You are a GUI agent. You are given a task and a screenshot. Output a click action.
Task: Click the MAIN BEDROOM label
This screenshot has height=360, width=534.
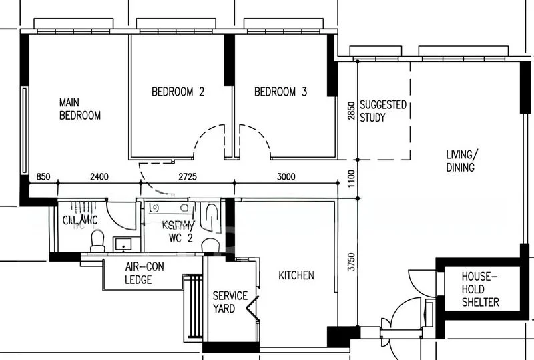pyautogui.click(x=80, y=109)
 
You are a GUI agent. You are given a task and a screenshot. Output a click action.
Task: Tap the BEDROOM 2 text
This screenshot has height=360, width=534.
pyautogui.click(x=178, y=92)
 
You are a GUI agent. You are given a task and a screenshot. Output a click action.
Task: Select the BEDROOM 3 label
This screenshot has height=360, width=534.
pyautogui.click(x=280, y=92)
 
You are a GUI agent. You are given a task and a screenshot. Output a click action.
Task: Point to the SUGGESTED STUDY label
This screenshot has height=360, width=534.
pyautogui.click(x=382, y=111)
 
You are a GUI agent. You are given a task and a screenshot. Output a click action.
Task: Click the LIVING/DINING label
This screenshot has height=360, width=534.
pyautogui.click(x=461, y=161)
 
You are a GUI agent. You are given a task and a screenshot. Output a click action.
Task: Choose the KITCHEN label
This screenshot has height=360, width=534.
pyautogui.click(x=296, y=275)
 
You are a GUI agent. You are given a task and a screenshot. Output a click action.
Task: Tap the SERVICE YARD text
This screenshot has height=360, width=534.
pyautogui.click(x=230, y=302)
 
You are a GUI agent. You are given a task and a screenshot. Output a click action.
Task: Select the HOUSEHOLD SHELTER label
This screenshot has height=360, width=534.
pyautogui.click(x=480, y=289)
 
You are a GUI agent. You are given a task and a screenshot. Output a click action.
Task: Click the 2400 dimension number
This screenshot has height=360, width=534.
pyautogui.click(x=99, y=177)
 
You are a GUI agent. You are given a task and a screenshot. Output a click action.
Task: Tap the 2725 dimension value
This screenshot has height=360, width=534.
pyautogui.click(x=189, y=177)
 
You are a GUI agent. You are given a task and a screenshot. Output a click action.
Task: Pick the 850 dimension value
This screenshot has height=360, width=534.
pyautogui.click(x=44, y=177)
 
